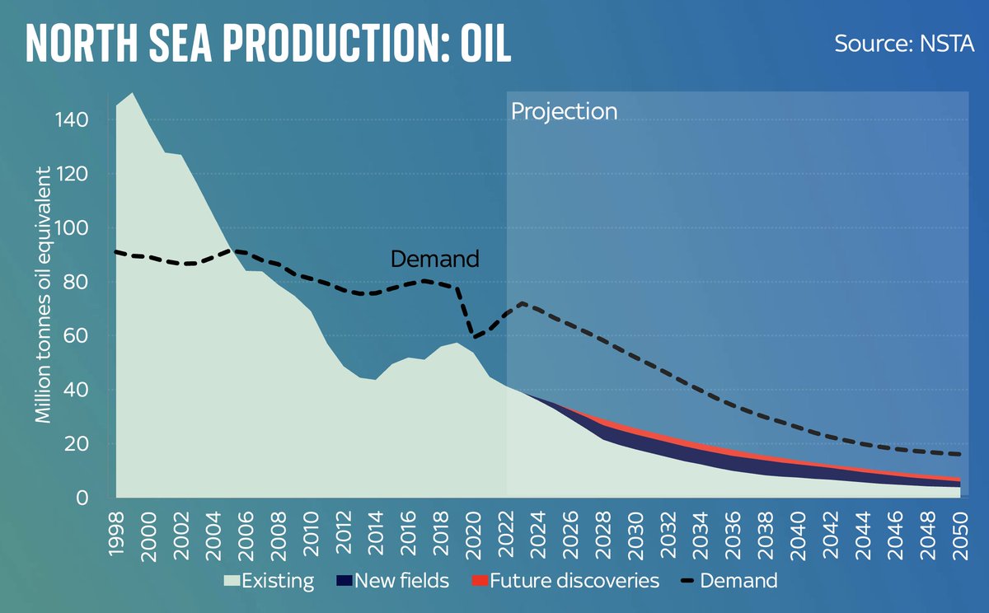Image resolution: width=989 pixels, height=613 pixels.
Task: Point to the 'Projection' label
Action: pos(564,111)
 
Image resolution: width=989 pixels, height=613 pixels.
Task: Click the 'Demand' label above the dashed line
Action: pos(434,259)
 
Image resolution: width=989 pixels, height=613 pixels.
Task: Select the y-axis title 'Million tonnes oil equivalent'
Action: pos(43,295)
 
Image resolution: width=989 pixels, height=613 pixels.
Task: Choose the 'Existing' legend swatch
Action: pos(236,581)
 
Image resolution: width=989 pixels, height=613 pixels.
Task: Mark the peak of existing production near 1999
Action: pos(133,93)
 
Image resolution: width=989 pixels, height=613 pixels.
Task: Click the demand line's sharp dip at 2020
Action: pos(474,336)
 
